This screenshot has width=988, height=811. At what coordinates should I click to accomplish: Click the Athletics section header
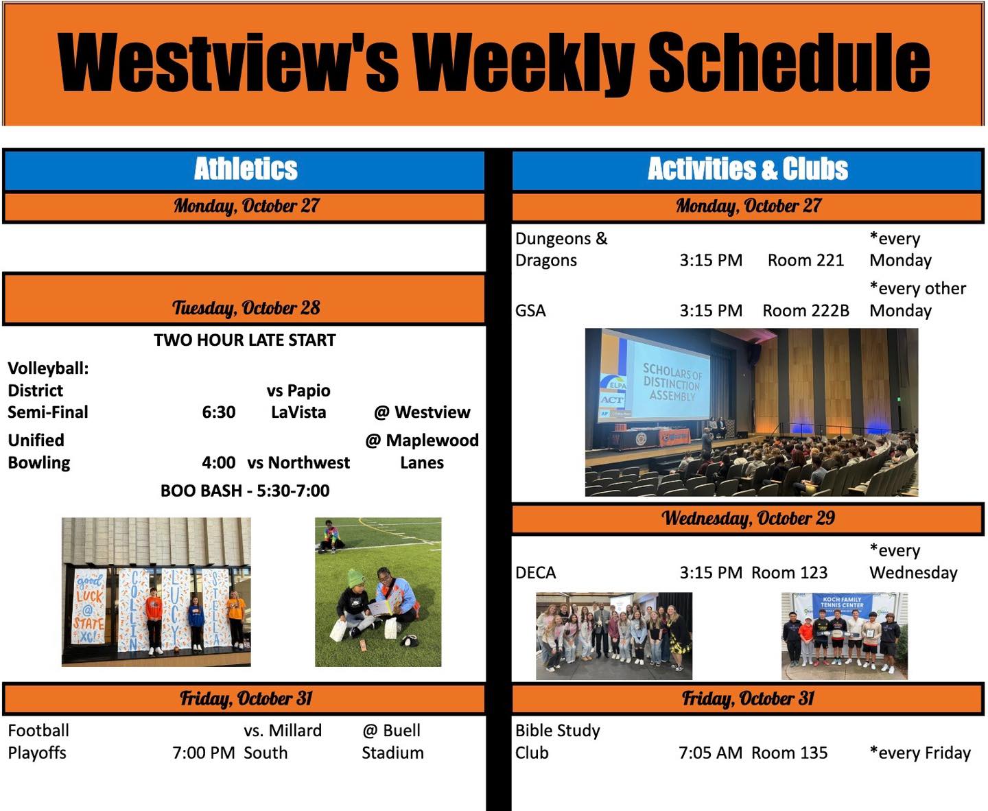tap(245, 169)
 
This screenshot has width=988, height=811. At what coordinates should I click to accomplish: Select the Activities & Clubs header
tap(748, 169)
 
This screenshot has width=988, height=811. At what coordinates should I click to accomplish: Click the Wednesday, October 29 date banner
tap(748, 518)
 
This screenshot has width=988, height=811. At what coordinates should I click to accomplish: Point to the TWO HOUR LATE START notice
tap(245, 340)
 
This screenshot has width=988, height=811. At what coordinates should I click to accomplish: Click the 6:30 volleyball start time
tap(219, 412)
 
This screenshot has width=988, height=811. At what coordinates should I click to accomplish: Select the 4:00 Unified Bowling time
tap(219, 463)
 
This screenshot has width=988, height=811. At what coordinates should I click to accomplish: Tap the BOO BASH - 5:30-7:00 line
tap(245, 491)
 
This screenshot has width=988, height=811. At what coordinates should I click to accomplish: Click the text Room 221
tap(805, 260)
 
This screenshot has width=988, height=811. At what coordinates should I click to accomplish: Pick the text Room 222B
tap(805, 311)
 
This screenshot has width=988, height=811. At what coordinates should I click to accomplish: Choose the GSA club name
tap(530, 311)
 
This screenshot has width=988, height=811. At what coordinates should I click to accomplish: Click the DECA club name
tap(535, 572)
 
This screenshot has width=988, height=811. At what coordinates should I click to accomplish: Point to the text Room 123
tap(789, 572)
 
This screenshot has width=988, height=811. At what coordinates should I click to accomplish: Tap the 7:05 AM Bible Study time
tap(711, 753)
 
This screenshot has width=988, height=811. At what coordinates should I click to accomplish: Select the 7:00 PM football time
tap(204, 753)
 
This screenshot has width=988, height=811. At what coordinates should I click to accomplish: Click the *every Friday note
tap(920, 753)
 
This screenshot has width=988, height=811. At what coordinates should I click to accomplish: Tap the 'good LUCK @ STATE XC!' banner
tap(89, 608)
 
